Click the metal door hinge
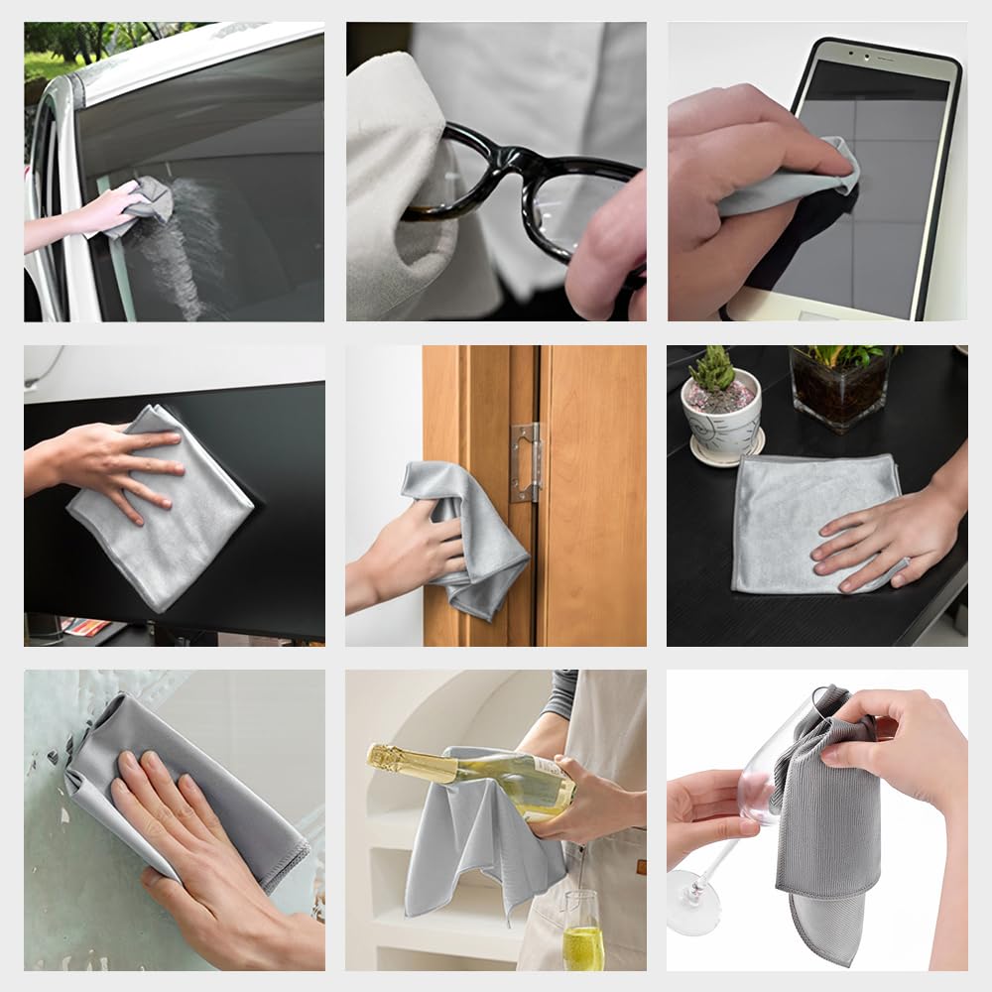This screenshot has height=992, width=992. coord(526,461)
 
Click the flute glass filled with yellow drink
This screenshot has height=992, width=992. coord(582,931)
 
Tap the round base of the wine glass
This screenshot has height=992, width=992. coord(691,903)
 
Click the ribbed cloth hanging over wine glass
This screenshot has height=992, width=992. coord(828,813)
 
